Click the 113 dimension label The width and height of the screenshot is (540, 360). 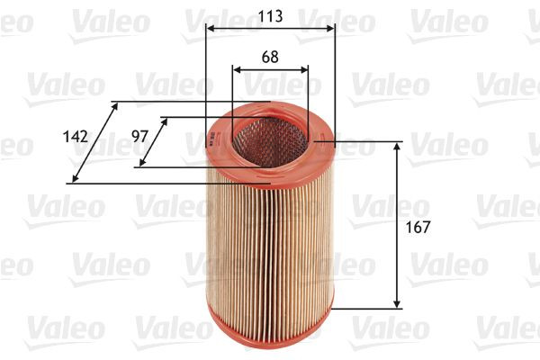click(270, 15)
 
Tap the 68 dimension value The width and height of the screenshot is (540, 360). click(270, 56)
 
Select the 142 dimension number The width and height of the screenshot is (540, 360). click(76, 137)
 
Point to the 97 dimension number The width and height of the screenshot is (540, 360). click(139, 136)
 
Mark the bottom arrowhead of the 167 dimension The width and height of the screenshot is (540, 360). click(397, 304)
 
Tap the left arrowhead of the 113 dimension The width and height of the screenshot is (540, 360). click(209, 29)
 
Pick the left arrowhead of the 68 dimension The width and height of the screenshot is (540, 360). click(236, 69)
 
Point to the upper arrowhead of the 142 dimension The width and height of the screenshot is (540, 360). click(114, 105)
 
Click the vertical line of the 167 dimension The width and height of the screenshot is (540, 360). click(397, 225)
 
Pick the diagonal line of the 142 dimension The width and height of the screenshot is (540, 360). click(94, 142)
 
